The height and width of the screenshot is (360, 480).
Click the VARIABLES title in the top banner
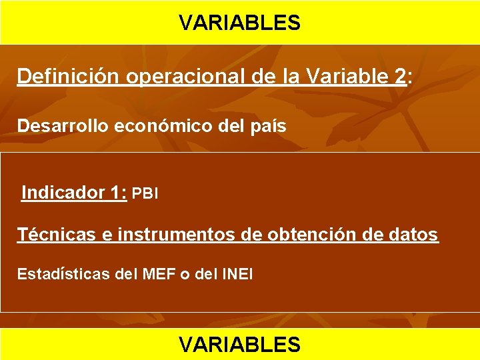239,23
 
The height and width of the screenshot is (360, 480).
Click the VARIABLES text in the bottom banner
239,344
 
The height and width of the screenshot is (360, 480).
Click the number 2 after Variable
399,77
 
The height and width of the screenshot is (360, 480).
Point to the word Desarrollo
55,126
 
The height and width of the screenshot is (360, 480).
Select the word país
269,126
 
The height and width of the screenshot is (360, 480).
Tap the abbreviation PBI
145,194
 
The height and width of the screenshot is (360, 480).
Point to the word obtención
323,235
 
